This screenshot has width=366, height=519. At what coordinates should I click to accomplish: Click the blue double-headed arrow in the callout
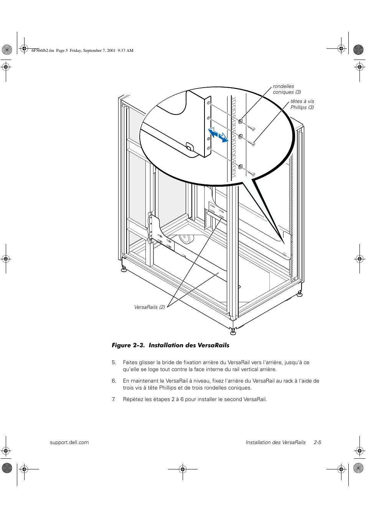218,135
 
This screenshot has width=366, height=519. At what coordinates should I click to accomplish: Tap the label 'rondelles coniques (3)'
287,89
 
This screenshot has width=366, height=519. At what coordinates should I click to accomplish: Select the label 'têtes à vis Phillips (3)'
302,104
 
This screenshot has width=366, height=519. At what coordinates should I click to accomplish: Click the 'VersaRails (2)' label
149,307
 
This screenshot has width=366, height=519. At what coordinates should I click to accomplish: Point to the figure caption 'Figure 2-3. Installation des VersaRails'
170,345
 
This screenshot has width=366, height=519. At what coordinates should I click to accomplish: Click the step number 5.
114,362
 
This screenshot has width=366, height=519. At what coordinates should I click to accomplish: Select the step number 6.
114,381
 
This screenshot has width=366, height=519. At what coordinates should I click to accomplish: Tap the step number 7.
114,399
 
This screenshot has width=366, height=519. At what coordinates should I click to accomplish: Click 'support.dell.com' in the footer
69,442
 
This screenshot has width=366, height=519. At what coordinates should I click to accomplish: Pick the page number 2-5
317,442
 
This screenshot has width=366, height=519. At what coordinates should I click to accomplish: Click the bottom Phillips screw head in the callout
253,174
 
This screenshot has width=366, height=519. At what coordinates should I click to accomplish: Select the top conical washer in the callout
241,121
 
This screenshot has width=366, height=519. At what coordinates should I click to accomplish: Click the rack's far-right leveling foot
300,294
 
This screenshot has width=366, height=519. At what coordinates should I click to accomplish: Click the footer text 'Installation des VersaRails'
275,442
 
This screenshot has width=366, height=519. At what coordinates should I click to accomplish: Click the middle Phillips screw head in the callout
254,144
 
